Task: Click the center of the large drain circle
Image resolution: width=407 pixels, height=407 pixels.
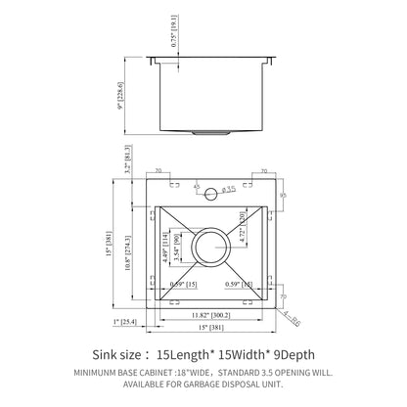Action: pyautogui.click(x=212, y=247)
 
